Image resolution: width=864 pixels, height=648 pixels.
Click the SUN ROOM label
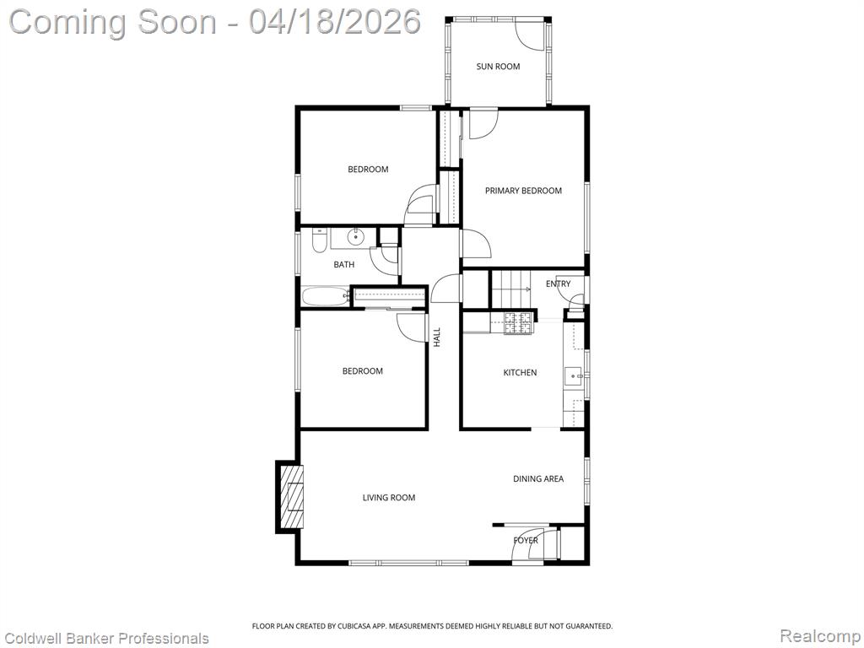(x=498, y=67)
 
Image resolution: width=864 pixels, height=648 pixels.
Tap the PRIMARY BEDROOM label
(x=523, y=191)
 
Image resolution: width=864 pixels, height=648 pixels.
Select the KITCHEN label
(x=520, y=372)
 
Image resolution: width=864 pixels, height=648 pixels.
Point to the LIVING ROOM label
(x=388, y=498)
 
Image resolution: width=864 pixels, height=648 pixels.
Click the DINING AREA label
(x=538, y=479)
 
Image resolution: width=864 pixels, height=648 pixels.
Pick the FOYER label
(x=525, y=541)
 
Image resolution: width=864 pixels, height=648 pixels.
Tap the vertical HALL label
(x=437, y=337)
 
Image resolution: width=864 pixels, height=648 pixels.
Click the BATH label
(x=344, y=264)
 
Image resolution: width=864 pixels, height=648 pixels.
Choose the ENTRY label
(x=559, y=283)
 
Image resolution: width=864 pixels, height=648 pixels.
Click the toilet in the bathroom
(x=319, y=240)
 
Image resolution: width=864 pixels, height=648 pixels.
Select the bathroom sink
(x=356, y=237)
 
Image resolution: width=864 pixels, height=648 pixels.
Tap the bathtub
(x=327, y=296)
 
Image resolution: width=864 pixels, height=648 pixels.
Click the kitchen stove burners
(x=519, y=323)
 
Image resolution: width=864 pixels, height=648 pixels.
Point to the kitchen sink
(x=574, y=375)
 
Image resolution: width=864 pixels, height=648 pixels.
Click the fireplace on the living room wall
(x=290, y=497)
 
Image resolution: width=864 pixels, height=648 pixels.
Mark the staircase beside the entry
(x=510, y=289)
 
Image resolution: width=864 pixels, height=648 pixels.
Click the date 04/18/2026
(x=334, y=22)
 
